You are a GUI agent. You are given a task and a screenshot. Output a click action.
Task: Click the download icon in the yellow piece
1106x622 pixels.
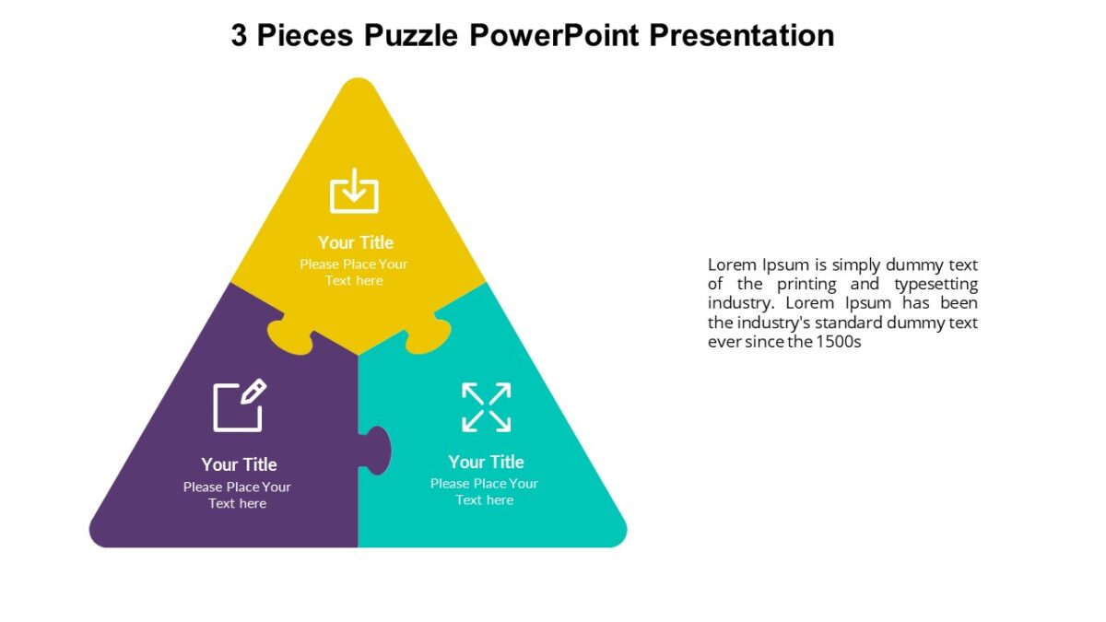click(x=355, y=191)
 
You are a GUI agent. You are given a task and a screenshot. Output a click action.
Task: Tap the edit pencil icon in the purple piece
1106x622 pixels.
click(x=240, y=405)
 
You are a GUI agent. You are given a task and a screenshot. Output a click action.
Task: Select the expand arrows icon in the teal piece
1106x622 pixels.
click(x=486, y=407)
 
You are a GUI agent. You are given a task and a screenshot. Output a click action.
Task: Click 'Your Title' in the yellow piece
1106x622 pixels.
click(x=356, y=242)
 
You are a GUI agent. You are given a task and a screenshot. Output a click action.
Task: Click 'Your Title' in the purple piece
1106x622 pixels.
click(x=239, y=464)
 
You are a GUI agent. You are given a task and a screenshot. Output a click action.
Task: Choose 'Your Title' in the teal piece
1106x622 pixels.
click(x=486, y=462)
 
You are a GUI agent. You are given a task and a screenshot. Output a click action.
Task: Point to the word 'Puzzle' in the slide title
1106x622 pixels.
click(x=410, y=35)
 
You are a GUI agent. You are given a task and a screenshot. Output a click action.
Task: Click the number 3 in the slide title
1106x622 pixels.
click(x=239, y=35)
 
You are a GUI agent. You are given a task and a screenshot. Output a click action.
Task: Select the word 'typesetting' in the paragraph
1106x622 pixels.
click(x=935, y=284)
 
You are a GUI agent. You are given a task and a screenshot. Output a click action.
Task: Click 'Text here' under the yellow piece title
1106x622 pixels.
click(x=354, y=280)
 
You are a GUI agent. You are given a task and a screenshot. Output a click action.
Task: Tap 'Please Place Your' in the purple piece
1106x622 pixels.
click(x=237, y=487)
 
